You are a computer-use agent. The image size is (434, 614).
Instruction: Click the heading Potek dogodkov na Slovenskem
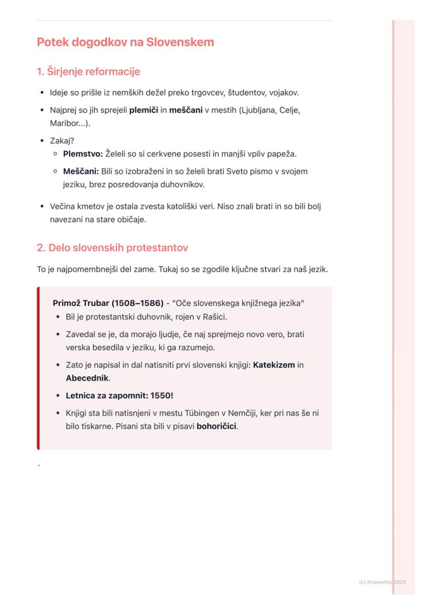pyautogui.click(x=125, y=42)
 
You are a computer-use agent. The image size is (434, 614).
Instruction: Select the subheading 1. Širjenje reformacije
pyautogui.click(x=88, y=71)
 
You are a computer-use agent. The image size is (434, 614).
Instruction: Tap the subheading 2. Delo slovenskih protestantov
pyautogui.click(x=112, y=247)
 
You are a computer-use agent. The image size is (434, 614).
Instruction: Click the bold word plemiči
pyautogui.click(x=144, y=111)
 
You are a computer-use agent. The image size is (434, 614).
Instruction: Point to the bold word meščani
pyautogui.click(x=186, y=111)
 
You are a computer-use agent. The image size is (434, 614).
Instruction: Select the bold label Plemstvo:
pyautogui.click(x=83, y=154)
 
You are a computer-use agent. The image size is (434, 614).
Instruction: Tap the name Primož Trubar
pyautogui.click(x=81, y=304)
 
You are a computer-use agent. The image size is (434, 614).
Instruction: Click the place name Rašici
pyautogui.click(x=213, y=317)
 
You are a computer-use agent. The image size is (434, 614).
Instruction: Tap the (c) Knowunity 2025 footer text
pyautogui.click(x=382, y=582)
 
